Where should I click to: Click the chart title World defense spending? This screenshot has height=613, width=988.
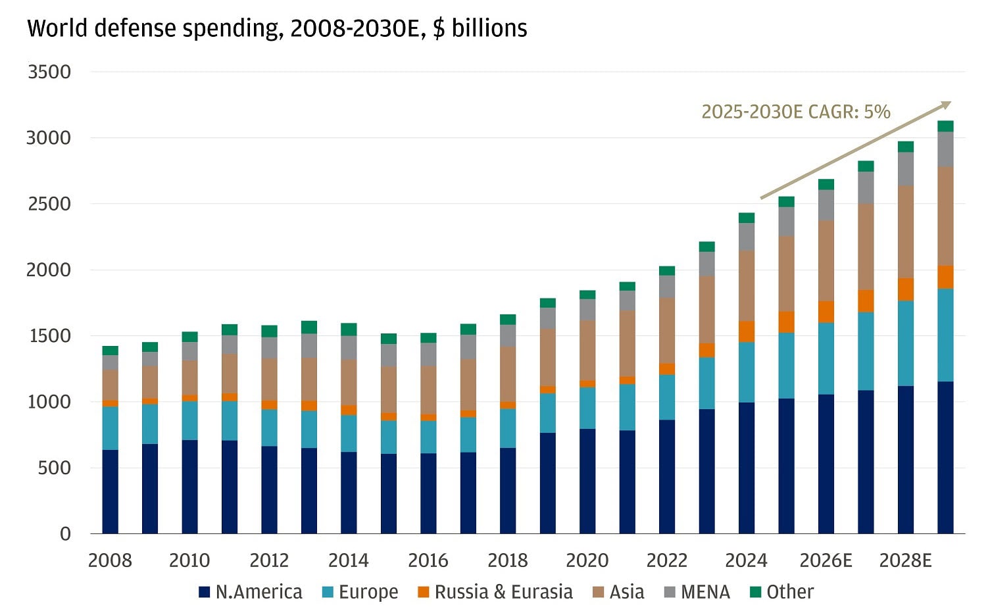click(277, 29)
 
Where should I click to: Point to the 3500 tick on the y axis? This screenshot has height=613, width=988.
click(49, 72)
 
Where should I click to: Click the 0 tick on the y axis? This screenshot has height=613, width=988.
click(65, 534)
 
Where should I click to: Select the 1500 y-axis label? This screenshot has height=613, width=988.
click(49, 336)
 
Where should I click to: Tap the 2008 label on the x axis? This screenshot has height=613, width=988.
click(110, 561)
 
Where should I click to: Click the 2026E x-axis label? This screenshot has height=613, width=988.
click(826, 561)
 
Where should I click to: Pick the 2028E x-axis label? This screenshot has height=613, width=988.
click(905, 561)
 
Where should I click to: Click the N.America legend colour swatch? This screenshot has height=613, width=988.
click(205, 592)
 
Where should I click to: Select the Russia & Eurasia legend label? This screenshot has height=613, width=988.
click(503, 592)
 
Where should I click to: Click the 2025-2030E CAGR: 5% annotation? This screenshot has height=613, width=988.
click(795, 112)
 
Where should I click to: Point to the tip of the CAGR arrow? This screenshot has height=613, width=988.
click(951, 102)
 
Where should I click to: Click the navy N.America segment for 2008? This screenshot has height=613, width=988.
click(111, 491)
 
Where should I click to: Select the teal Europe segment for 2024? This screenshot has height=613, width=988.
click(747, 372)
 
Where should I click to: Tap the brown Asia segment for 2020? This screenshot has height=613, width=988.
click(587, 350)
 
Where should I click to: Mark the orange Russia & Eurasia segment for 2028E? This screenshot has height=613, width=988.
click(906, 289)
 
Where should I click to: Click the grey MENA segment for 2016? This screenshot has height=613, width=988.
click(428, 354)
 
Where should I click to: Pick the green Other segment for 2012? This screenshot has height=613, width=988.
click(269, 331)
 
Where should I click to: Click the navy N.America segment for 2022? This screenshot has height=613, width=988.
click(667, 476)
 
